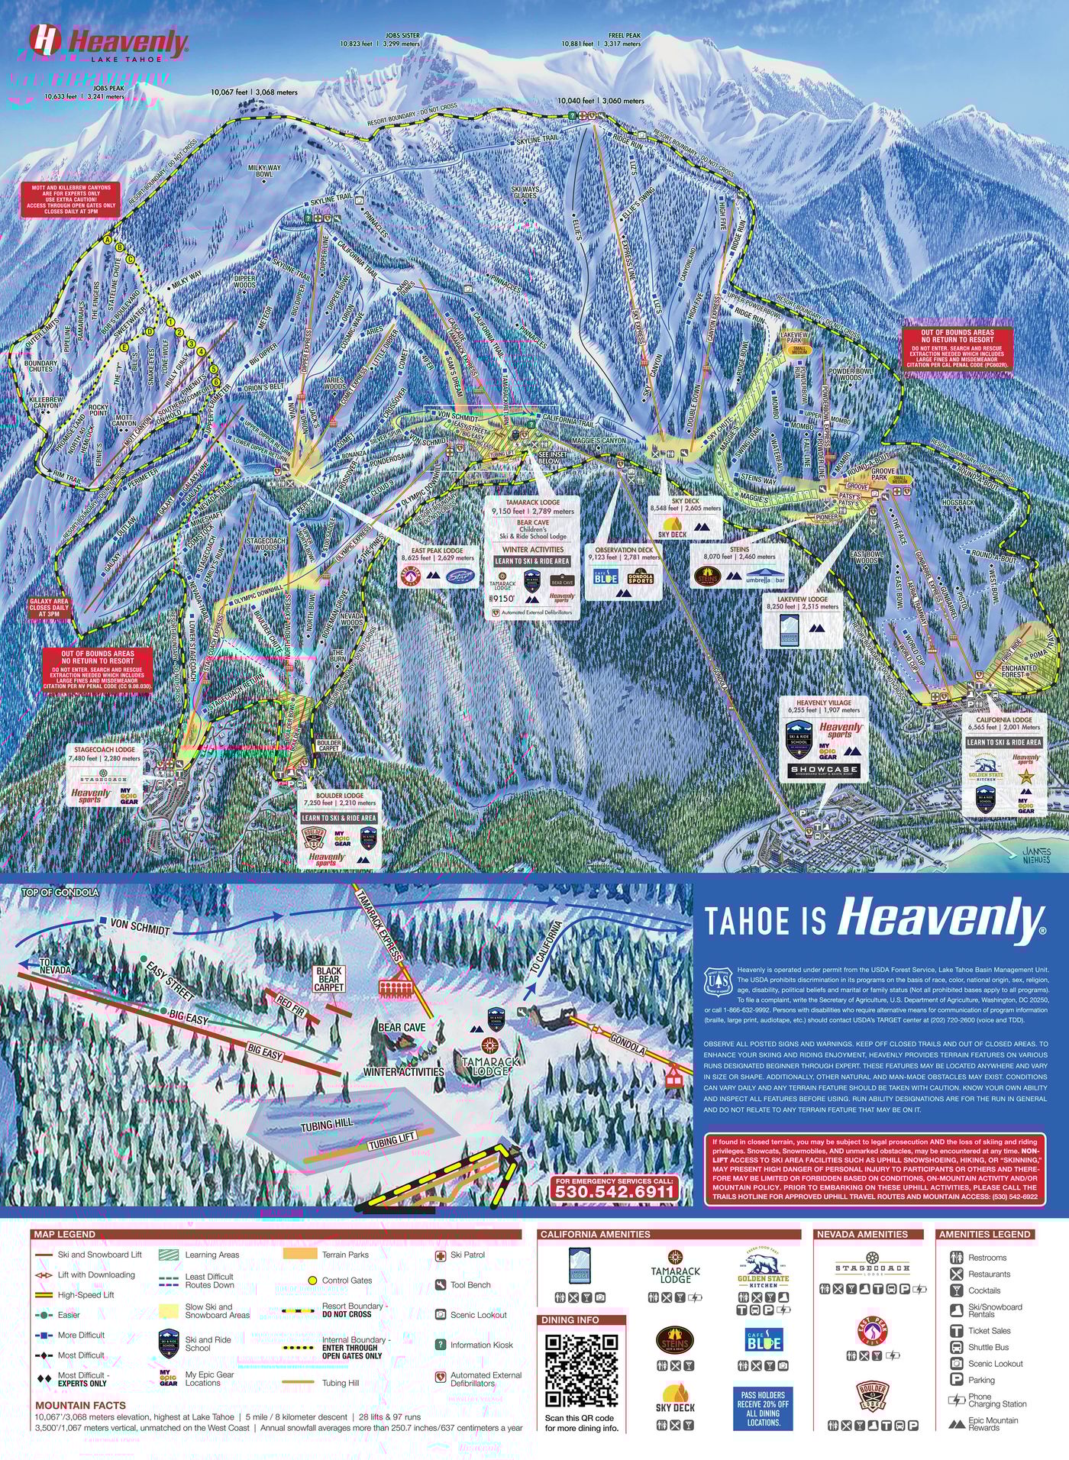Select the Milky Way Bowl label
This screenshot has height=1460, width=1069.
(263, 170)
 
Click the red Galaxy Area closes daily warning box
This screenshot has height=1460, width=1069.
(49, 608)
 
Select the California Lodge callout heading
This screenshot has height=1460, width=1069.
(1003, 719)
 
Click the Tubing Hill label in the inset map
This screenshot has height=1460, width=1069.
(327, 1125)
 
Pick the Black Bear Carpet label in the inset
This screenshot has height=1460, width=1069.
(328, 978)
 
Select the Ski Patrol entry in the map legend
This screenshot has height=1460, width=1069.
(467, 1255)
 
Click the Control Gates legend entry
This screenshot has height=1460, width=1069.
(346, 1281)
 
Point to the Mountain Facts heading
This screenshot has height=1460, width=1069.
(80, 1405)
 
